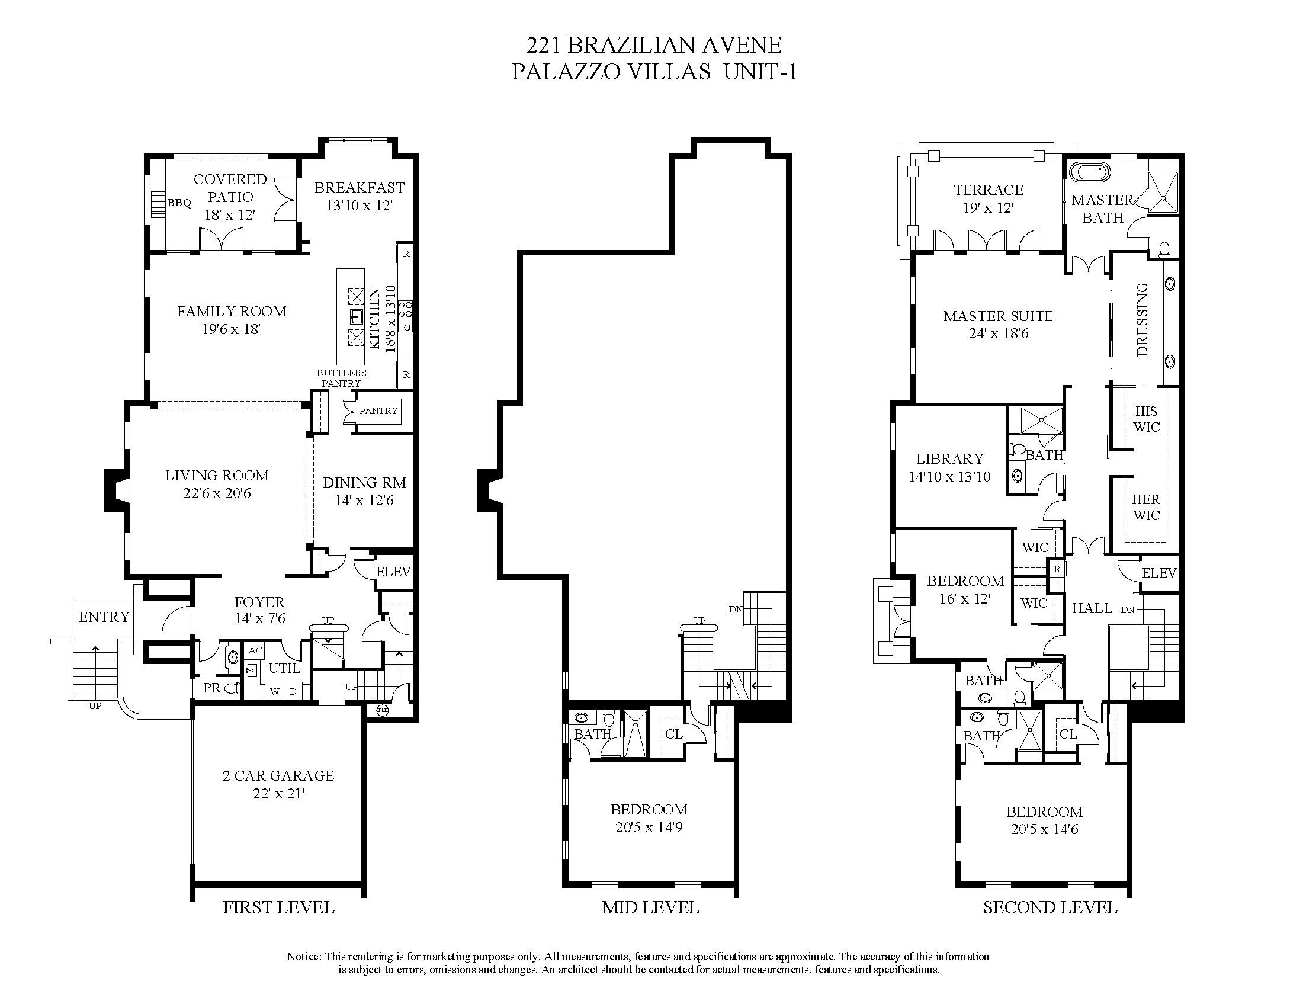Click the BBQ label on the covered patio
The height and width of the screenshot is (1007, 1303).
click(179, 203)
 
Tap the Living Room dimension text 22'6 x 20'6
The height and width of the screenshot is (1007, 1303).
click(217, 493)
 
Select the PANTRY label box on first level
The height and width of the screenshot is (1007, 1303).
click(378, 411)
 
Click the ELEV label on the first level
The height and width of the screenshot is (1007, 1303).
click(393, 572)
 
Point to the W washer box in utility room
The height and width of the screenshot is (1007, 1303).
click(275, 691)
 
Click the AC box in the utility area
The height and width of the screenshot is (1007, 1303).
click(255, 650)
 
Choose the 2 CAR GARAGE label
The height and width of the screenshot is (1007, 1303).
click(278, 775)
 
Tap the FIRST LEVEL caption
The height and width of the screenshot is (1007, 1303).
click(278, 907)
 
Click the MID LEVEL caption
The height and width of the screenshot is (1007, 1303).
click(650, 907)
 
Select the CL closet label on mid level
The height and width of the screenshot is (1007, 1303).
click(673, 734)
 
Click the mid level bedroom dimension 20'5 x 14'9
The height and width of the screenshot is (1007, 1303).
click(649, 828)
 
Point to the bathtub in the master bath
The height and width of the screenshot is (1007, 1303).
click(1090, 173)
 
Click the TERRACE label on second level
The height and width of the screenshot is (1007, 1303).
click(989, 190)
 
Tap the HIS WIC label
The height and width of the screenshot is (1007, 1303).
click(1146, 419)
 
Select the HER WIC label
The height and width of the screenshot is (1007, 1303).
click(1146, 507)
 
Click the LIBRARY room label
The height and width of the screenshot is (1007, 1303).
click(950, 458)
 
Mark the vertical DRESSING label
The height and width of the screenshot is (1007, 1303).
click(1142, 320)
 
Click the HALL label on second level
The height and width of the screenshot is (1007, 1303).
click(1092, 608)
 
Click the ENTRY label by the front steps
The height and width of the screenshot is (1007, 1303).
click(104, 617)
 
